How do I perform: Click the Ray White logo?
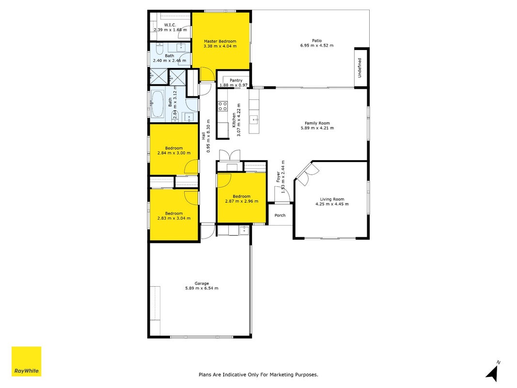coord(26,361)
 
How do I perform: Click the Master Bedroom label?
coord(220,41)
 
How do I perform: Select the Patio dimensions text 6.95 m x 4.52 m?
coord(317,46)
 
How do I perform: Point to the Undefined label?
coord(360,68)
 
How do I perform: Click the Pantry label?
coord(236,80)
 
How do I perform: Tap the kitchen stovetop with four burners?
coord(222,106)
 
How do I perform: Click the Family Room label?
coord(317,123)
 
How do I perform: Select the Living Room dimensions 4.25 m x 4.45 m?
coord(332,204)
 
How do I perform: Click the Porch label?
coord(280,215)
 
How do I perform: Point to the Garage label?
coord(202,283)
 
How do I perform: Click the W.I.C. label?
coord(170,25)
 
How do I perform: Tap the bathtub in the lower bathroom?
coord(157,104)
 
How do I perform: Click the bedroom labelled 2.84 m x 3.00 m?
coord(174,149)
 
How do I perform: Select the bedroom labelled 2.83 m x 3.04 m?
coord(174,215)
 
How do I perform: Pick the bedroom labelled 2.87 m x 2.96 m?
coord(242,197)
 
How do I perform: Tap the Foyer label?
coord(278,177)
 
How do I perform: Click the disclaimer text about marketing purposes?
coord(258,374)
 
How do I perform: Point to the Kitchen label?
coord(234,120)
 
